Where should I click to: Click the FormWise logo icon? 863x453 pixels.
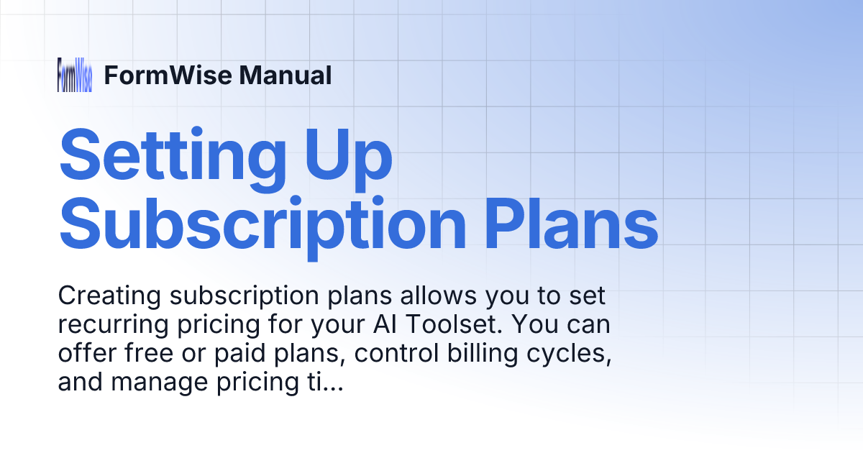coord(75,75)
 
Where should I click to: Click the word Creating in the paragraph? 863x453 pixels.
coord(104,296)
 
